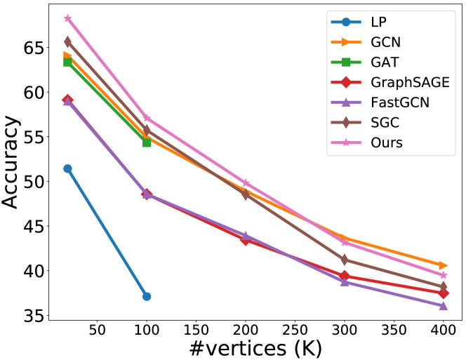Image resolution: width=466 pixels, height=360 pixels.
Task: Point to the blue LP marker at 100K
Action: tap(147, 296)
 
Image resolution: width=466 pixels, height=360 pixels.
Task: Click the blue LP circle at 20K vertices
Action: tap(67, 168)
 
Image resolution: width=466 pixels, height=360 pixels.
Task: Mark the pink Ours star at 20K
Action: tap(67, 18)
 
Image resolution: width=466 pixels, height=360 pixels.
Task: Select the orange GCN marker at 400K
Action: tap(444, 265)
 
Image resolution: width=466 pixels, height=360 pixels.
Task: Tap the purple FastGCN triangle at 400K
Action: tap(444, 306)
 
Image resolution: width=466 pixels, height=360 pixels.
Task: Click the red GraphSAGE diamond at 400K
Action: tap(444, 293)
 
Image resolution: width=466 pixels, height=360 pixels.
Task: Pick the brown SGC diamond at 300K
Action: tap(345, 260)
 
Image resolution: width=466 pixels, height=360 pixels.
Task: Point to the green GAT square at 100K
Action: tap(147, 142)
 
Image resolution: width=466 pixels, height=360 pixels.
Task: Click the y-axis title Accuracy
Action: tap(12, 162)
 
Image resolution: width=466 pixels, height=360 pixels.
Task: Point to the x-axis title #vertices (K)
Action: tap(255, 349)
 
